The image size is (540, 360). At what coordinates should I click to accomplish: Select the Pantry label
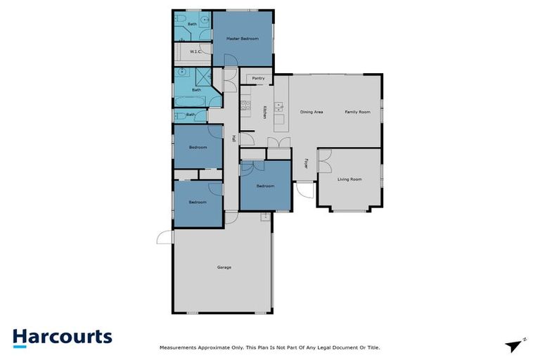pyautogui.click(x=258, y=78)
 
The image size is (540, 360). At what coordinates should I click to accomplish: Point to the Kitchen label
pyautogui.click(x=264, y=112)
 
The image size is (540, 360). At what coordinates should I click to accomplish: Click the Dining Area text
pyautogui.click(x=311, y=112)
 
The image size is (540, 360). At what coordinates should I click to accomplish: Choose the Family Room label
pyautogui.click(x=357, y=112)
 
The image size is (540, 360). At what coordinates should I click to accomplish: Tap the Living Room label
pyautogui.click(x=349, y=179)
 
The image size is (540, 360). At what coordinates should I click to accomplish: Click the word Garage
pyautogui.click(x=224, y=267)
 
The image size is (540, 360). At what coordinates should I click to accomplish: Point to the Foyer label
pyautogui.click(x=306, y=164)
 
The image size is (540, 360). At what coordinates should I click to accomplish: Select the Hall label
pyautogui.click(x=232, y=139)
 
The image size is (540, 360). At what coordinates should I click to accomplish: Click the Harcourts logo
pyautogui.click(x=62, y=336)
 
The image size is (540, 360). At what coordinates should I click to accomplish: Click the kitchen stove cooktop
pyautogui.click(x=245, y=107)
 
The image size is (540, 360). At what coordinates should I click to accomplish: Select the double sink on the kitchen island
pyautogui.click(x=279, y=107)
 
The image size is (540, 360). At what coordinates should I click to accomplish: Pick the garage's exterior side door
pyautogui.click(x=165, y=238)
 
